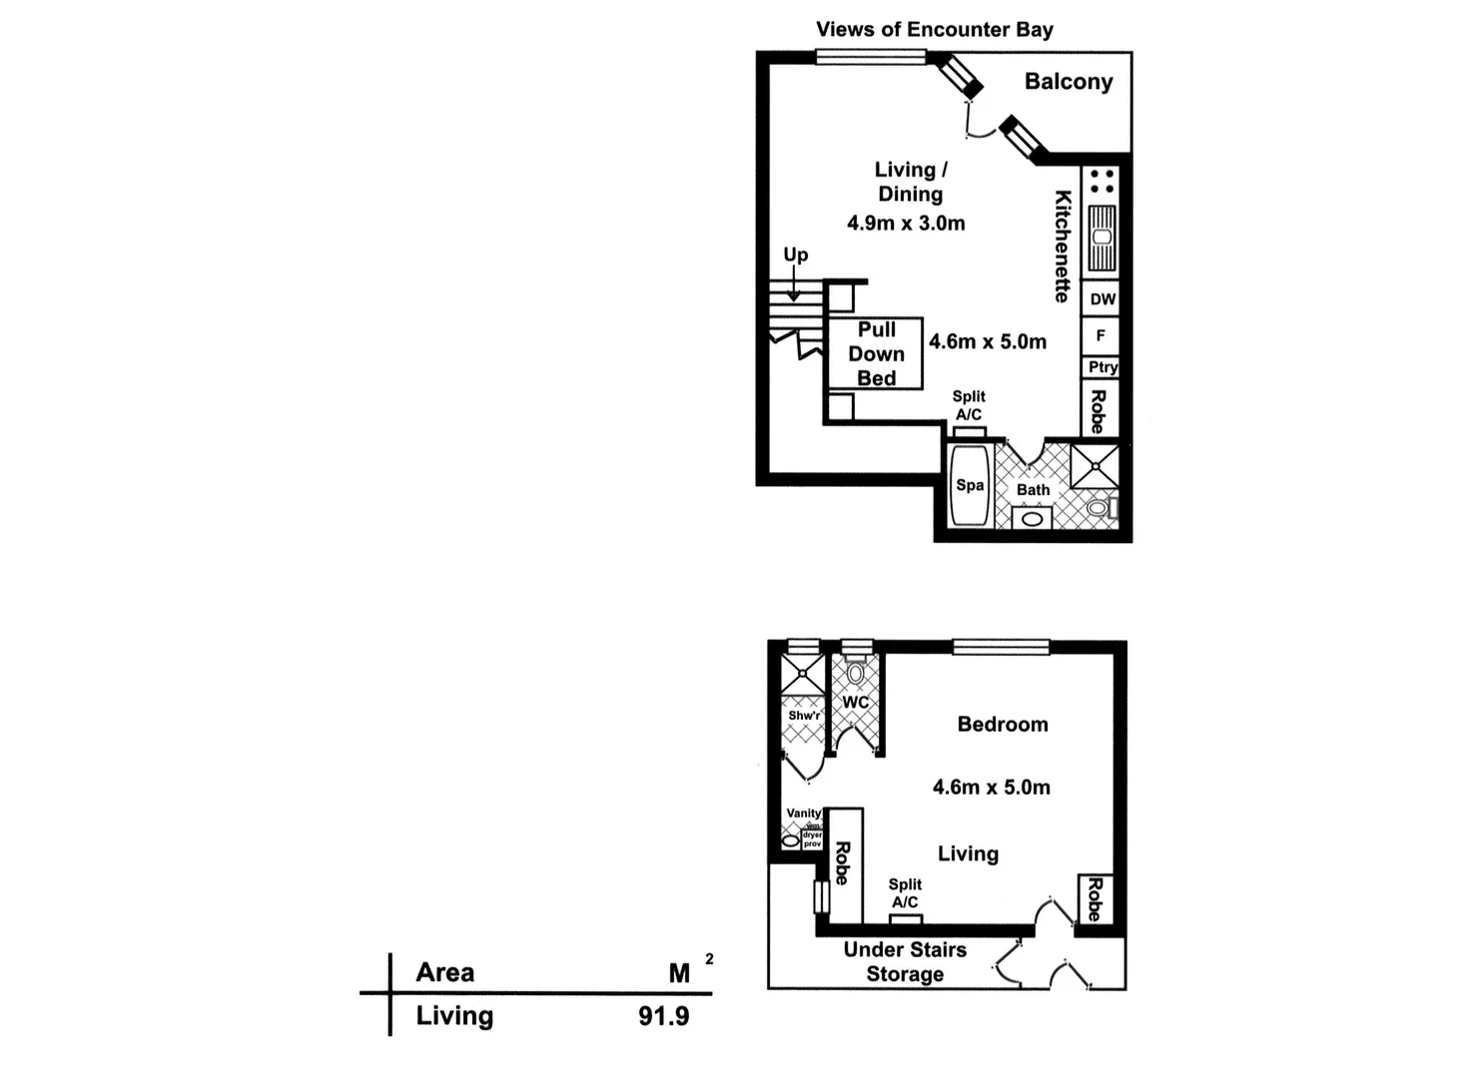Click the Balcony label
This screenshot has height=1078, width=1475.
point(1068,82)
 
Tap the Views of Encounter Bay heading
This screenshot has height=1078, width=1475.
point(934,29)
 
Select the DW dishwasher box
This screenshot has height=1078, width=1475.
point(1102,299)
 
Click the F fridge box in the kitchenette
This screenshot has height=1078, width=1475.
point(1101,335)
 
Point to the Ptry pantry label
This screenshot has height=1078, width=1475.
point(1103,367)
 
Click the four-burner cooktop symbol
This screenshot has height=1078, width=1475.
point(1102,181)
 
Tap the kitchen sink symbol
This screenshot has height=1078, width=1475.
point(1102,238)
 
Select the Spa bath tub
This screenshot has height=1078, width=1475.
point(969,485)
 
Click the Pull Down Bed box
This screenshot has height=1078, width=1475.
point(876,353)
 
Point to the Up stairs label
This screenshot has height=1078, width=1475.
point(795,255)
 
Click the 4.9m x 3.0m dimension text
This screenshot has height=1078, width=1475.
point(906,223)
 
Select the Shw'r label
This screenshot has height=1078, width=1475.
point(804,716)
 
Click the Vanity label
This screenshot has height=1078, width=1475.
point(803,813)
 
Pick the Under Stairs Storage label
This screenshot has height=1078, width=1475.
point(905,961)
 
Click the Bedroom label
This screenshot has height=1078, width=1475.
point(1002,724)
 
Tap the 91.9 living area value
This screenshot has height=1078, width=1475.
point(663,1016)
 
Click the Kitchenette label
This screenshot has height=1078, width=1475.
point(1063,246)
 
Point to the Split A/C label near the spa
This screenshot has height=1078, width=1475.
point(968,405)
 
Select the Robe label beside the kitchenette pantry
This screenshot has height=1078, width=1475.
point(1098,410)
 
